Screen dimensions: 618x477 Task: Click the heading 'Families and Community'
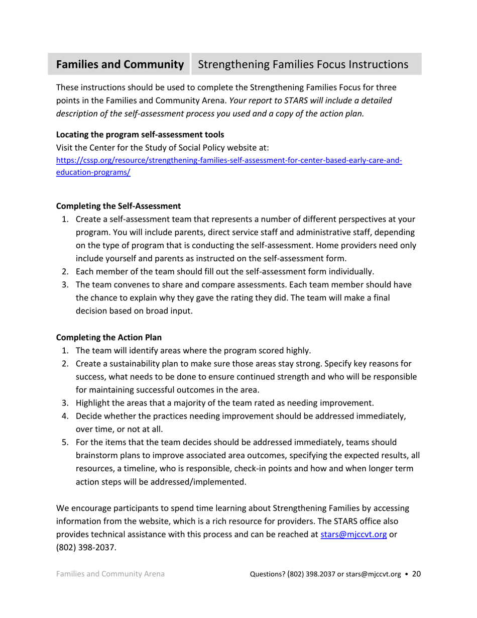(x=120, y=65)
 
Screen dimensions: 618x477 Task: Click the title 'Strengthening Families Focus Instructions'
(x=303, y=65)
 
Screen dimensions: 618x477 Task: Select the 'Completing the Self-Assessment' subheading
(x=118, y=206)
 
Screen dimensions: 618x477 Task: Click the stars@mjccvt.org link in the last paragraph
(x=353, y=535)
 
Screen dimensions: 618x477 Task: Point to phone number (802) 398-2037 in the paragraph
(x=86, y=548)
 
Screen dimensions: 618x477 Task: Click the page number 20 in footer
(x=416, y=574)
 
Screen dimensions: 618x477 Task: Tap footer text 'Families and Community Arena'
(x=110, y=574)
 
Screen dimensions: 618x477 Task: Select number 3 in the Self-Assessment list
(x=65, y=284)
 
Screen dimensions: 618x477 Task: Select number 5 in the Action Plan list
(x=65, y=442)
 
